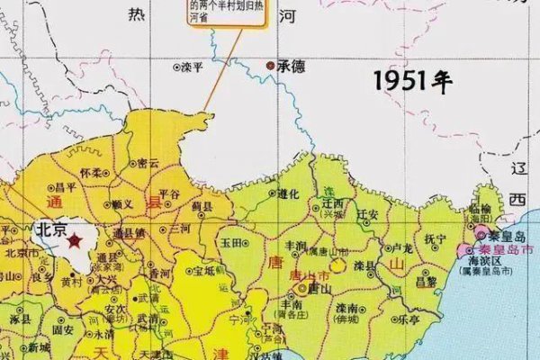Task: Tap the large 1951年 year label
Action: [412, 81]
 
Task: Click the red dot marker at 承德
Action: [270, 66]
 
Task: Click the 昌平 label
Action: [66, 186]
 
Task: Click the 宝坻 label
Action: [204, 270]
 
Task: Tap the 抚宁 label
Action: [436, 238]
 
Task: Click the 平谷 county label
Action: [169, 193]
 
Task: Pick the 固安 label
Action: [63, 330]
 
